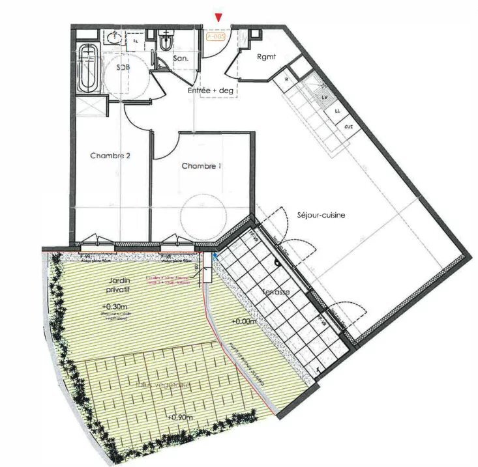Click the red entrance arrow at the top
point(220,18)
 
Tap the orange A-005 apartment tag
point(216,37)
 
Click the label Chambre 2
point(107,156)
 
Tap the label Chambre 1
point(201,166)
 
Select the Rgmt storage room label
point(266,57)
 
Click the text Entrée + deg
point(211,91)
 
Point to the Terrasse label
point(276,292)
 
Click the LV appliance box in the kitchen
point(325,96)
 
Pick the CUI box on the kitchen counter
point(349,126)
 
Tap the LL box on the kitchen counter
point(338,111)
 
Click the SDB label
point(122,68)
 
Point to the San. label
point(181,59)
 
